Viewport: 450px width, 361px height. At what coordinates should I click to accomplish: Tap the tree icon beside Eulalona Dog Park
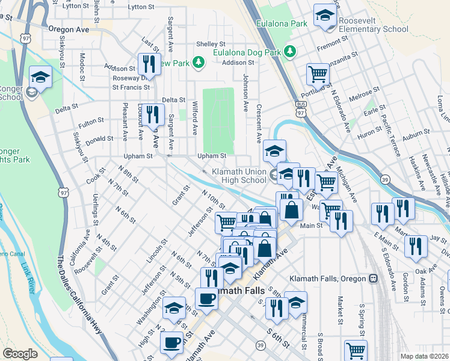click(291, 52)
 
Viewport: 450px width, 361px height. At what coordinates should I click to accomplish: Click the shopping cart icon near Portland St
click(318, 75)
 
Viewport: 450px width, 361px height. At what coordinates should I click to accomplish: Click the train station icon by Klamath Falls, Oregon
click(374, 279)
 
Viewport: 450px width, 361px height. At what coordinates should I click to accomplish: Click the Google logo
click(20, 354)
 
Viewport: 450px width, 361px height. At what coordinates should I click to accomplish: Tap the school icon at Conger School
click(40, 77)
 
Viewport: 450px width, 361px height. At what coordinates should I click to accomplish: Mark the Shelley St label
click(211, 44)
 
